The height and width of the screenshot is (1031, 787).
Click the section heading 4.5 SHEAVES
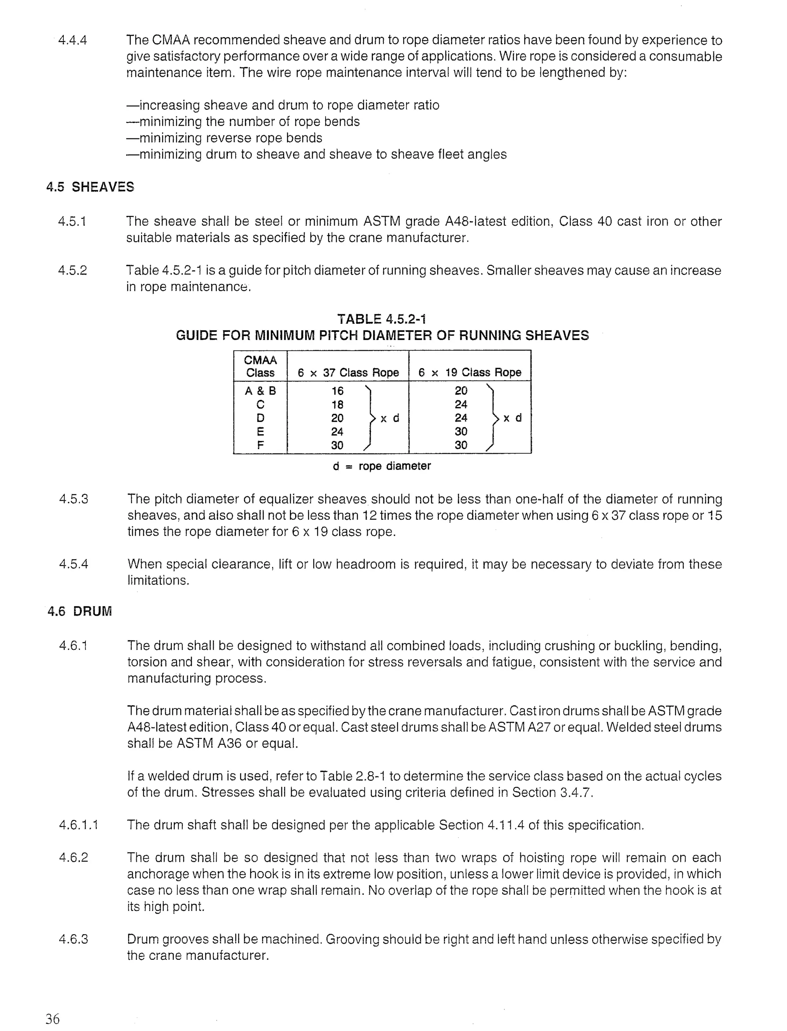click(90, 187)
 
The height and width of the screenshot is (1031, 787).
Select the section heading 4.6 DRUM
click(80, 611)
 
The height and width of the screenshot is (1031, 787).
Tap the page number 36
click(53, 1019)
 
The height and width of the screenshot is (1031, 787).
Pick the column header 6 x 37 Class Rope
click(348, 373)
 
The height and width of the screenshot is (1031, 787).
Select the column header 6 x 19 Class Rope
click(470, 373)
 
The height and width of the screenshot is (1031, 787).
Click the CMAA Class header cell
click(261, 366)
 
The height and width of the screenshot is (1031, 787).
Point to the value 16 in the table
click(337, 391)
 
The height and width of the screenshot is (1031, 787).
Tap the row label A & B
click(261, 391)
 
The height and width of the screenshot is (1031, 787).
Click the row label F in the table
click(261, 445)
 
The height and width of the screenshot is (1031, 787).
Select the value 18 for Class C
click(337, 405)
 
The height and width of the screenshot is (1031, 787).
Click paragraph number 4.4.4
click(73, 40)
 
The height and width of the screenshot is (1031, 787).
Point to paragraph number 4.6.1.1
click(79, 825)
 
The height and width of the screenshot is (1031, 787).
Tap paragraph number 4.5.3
click(73, 499)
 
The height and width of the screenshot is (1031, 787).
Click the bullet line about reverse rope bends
click(224, 138)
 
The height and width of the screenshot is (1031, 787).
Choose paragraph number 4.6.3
click(73, 939)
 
